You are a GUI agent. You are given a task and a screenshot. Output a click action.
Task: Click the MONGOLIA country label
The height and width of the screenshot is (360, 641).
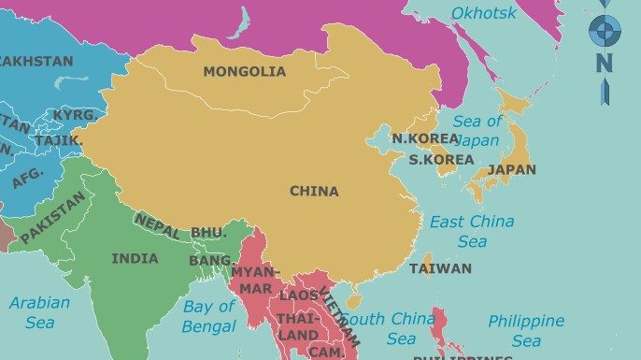tap(244, 71)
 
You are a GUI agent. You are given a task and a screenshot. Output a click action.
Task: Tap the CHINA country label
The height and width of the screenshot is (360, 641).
tap(314, 192)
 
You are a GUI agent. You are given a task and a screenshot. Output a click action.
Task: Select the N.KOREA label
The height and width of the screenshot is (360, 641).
tap(425, 138)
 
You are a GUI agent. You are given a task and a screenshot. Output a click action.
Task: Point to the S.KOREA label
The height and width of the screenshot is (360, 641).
tap(441, 160)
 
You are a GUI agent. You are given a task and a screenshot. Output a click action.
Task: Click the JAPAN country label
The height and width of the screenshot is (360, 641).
tap(512, 170)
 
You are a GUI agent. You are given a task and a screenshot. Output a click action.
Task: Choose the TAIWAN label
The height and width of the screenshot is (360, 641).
tap(440, 268)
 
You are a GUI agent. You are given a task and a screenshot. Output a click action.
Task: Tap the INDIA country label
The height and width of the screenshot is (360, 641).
tap(135, 258)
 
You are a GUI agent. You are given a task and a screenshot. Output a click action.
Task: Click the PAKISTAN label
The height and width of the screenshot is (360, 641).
tap(53, 218)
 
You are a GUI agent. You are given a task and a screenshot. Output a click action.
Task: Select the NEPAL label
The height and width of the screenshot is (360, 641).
tap(157, 226)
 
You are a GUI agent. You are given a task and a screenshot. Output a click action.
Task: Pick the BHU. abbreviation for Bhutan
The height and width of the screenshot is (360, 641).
tap(208, 233)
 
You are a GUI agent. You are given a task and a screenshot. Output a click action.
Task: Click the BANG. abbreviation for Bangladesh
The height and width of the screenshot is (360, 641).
tap(211, 261)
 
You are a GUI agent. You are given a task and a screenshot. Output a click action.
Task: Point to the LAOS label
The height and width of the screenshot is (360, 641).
tap(299, 295)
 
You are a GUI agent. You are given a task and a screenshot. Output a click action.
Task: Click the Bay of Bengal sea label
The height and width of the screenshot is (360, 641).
tap(209, 316)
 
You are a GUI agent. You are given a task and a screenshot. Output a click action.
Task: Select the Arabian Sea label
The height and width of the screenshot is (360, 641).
tap(39, 312)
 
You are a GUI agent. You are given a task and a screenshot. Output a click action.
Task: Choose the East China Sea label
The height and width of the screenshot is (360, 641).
tap(472, 231)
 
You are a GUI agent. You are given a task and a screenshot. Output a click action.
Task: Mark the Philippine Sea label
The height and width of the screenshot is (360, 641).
tap(526, 331)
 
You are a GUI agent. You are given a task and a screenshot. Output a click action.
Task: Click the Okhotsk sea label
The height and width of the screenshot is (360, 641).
tap(483, 13)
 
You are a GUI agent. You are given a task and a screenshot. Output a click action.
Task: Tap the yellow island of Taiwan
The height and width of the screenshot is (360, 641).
tap(427, 265)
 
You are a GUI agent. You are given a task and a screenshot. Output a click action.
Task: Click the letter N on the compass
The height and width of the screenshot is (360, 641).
tap(605, 64)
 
